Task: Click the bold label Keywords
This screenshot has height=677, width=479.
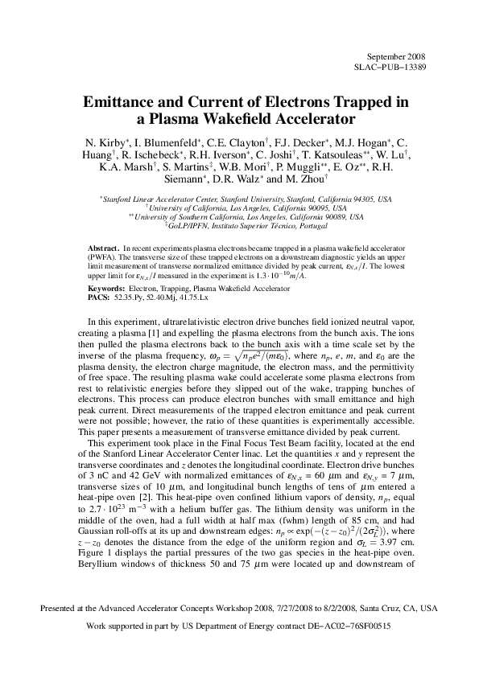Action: (x=106, y=288)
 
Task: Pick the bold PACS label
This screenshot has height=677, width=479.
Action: (x=100, y=297)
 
